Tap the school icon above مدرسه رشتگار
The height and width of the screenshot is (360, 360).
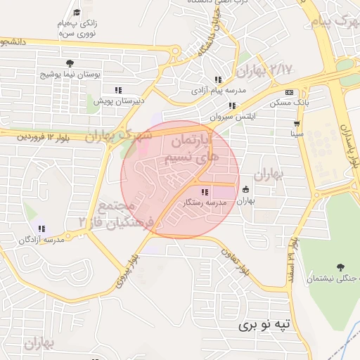pyautogui.click(x=204, y=192)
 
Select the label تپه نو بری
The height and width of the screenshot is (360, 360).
pyautogui.click(x=264, y=325)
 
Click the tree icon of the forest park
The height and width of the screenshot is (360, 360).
pyautogui.click(x=341, y=267)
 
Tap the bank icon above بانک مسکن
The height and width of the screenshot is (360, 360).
pyautogui.click(x=289, y=93)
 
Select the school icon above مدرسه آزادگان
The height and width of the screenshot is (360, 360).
pyautogui.click(x=42, y=229)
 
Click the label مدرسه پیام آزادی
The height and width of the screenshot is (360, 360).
pyautogui.click(x=217, y=91)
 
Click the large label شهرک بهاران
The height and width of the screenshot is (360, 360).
pyautogui.click(x=118, y=135)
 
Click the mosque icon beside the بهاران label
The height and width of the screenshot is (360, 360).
pyautogui.click(x=245, y=190)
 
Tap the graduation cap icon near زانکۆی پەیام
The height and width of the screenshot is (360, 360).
pyautogui.click(x=77, y=12)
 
